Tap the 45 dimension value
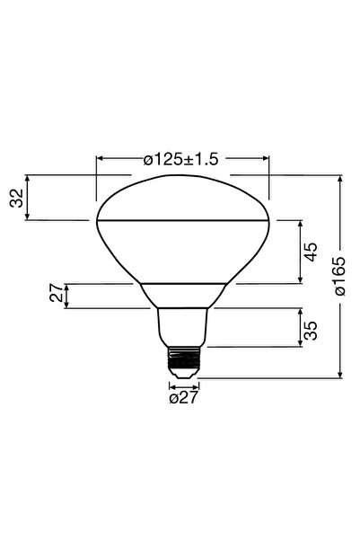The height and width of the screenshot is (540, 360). tap(310, 251)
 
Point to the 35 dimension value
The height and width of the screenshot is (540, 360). tap(310, 329)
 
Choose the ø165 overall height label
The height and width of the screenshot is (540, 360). tap(339, 277)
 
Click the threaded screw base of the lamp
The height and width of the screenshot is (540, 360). tap(183, 361)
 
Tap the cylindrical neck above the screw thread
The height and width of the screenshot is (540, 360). tap(183, 326)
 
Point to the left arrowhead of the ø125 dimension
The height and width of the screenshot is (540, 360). tap(100, 159)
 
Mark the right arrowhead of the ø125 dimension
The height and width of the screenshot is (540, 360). tap(265, 159)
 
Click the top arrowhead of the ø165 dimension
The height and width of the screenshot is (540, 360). tap(339, 180)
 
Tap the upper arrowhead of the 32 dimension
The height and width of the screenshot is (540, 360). tap(30, 180)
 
